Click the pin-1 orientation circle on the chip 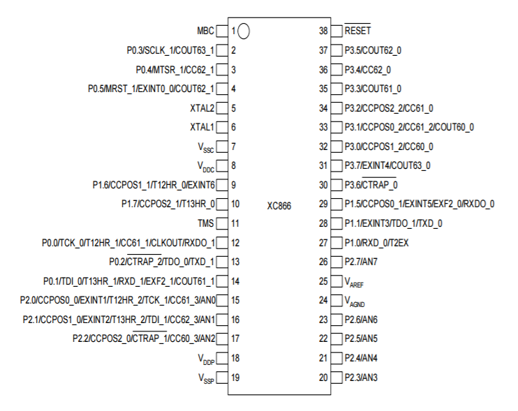click(x=244, y=31)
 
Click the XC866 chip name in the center click(x=279, y=206)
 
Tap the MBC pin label click(x=205, y=31)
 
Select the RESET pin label click(x=357, y=31)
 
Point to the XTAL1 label click(x=202, y=127)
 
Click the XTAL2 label click(x=202, y=108)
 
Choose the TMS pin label click(x=206, y=223)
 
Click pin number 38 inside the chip click(x=323, y=31)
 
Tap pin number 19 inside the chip click(x=235, y=378)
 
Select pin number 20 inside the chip click(x=323, y=378)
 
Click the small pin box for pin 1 click(x=222, y=31)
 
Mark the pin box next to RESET click(x=336, y=31)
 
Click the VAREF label click(x=354, y=283)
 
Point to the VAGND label click(x=355, y=301)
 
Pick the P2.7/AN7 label click(x=361, y=262)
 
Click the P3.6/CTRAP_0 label click(x=371, y=184)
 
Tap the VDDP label click(x=206, y=359)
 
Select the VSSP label click(x=206, y=379)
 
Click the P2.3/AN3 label click(x=361, y=378)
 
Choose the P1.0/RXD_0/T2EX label click(x=376, y=243)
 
